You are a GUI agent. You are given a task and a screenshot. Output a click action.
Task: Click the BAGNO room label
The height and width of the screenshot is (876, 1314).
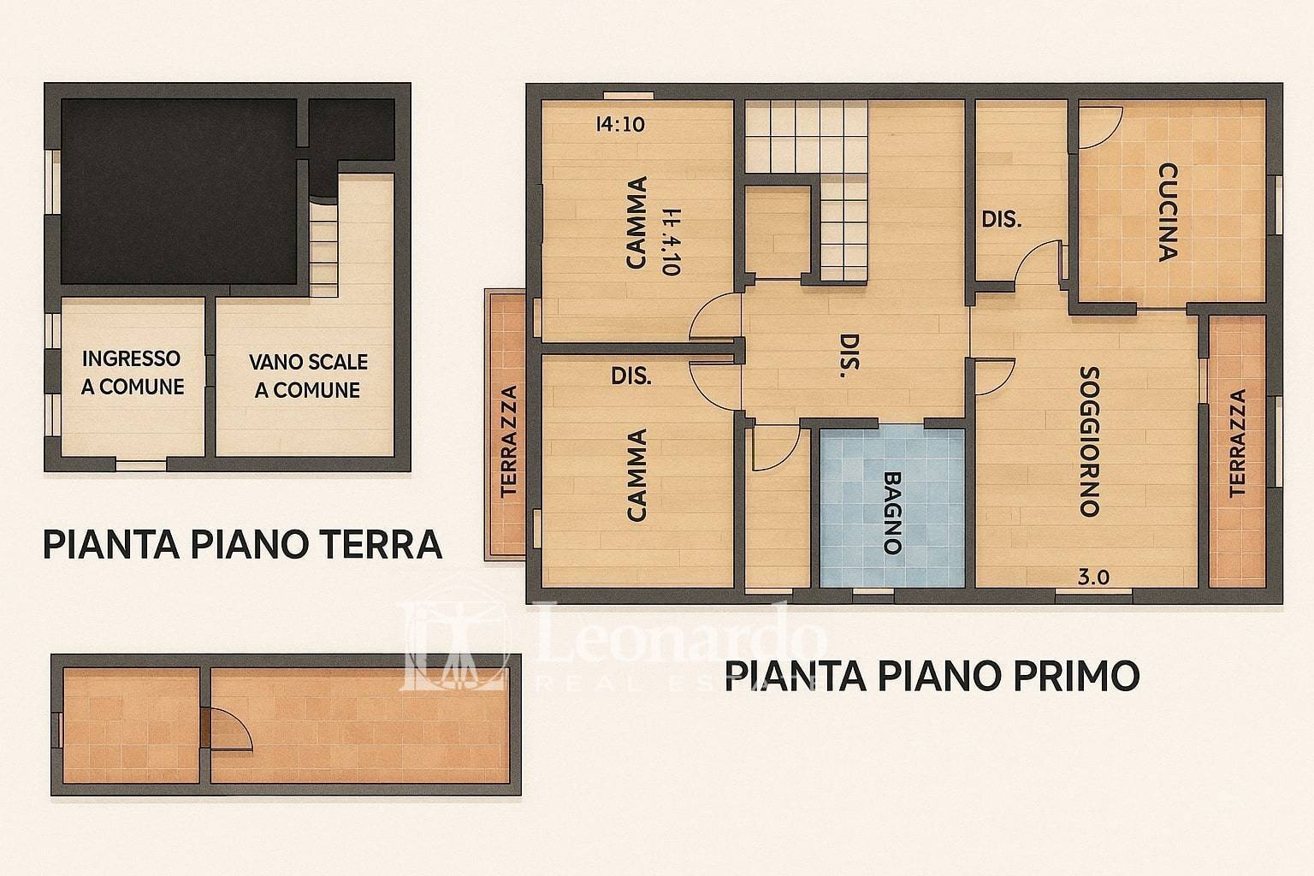click(x=892, y=512)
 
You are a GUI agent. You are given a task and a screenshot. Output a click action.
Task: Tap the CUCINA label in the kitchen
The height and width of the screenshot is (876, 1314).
click(x=1167, y=211)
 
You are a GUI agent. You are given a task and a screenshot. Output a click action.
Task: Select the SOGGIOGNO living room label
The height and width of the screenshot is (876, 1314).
click(x=1088, y=441)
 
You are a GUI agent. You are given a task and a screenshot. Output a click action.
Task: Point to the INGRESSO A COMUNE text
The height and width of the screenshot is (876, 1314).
click(x=133, y=372)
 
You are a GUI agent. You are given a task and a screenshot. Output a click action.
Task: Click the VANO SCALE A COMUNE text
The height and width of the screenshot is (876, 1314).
click(x=308, y=376)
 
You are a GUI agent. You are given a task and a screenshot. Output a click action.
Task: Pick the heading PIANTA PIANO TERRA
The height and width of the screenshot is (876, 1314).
click(x=242, y=544)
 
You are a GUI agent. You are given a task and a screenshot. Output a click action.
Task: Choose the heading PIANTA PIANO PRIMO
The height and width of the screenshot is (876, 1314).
click(x=932, y=675)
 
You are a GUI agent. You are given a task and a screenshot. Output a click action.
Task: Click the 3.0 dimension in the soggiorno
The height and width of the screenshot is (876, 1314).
click(x=1093, y=577)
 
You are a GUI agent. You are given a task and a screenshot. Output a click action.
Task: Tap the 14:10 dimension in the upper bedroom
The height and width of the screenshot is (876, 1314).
click(x=619, y=124)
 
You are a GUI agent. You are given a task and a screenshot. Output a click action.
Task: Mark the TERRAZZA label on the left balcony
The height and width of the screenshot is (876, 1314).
click(x=510, y=441)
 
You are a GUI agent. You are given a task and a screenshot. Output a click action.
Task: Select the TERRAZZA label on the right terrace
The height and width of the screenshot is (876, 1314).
click(x=1237, y=443)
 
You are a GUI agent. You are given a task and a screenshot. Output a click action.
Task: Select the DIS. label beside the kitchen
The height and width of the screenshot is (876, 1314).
click(x=1001, y=219)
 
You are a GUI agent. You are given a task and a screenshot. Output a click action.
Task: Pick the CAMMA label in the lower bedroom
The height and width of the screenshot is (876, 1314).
click(x=636, y=475)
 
